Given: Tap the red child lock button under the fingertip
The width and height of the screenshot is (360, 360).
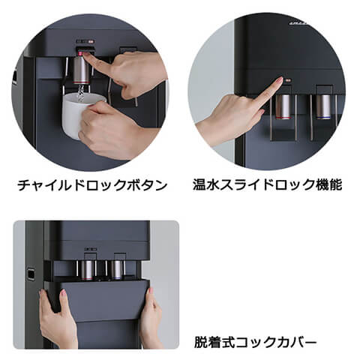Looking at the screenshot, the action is [x=82, y=53].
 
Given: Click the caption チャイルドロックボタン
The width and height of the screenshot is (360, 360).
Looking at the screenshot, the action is [x=92, y=185].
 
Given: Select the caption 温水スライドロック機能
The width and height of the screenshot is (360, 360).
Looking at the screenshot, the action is [x=267, y=184].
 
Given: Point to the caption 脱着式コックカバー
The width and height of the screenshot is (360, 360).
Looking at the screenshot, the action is [x=255, y=342].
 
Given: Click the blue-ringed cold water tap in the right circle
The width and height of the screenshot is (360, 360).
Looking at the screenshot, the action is [x=323, y=106].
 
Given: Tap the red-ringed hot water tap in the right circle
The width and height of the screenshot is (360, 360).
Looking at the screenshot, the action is [x=283, y=106].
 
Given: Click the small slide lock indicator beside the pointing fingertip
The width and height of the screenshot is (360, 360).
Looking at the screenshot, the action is [x=288, y=80].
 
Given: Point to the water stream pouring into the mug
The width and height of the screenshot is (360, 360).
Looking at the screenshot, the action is [x=81, y=93].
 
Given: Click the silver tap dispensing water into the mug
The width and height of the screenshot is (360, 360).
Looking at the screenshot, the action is [x=81, y=70].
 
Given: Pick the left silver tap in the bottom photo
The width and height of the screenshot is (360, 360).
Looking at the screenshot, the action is [x=87, y=270].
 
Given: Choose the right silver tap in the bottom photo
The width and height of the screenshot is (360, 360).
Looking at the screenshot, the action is [x=117, y=270].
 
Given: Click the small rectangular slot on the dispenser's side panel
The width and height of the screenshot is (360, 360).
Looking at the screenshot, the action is [x=31, y=274].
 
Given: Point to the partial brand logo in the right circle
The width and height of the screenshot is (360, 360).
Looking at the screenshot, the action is [x=298, y=23].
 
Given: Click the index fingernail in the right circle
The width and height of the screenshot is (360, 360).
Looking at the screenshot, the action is [x=279, y=80].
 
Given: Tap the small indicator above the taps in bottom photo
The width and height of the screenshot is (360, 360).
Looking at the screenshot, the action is [x=90, y=249].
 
